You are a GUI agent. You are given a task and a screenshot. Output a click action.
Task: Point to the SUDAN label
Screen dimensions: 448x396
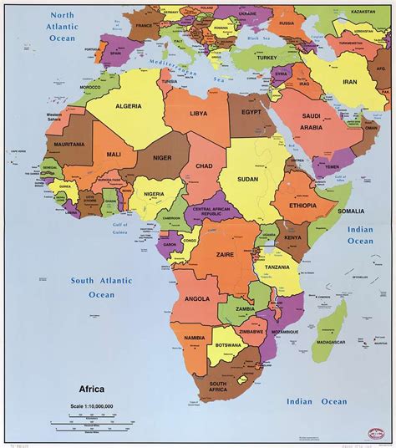coord(246,178)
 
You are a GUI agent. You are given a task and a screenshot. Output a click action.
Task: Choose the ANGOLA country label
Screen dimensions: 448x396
coord(198,298)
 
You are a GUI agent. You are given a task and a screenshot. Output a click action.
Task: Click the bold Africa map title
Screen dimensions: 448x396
coord(92,389)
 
